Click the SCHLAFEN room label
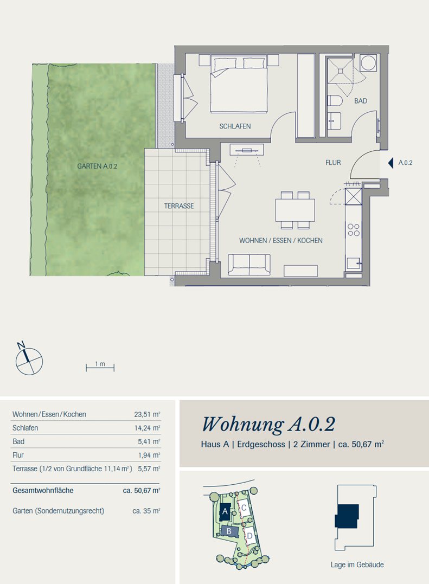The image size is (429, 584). [235, 126]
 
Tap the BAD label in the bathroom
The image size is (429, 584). [361, 101]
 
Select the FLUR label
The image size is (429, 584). [333, 162]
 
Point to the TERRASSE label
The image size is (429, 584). [179, 206]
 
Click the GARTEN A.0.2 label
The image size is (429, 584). [97, 166]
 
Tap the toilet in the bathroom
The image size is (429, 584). [335, 101]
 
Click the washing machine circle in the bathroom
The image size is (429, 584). [368, 62]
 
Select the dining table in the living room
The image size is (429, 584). [295, 210]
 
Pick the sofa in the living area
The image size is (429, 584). [249, 265]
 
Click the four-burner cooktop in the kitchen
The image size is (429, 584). [354, 230]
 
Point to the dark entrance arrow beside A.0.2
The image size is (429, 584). [390, 163]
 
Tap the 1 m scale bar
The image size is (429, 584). [100, 368]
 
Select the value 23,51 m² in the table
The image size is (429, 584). [147, 414]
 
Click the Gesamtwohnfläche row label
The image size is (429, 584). [43, 491]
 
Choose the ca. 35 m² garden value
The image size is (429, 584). [146, 511]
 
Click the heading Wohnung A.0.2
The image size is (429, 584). [268, 424]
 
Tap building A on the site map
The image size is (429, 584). [225, 511]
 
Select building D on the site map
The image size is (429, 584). [249, 535]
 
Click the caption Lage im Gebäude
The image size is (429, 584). [357, 564]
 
